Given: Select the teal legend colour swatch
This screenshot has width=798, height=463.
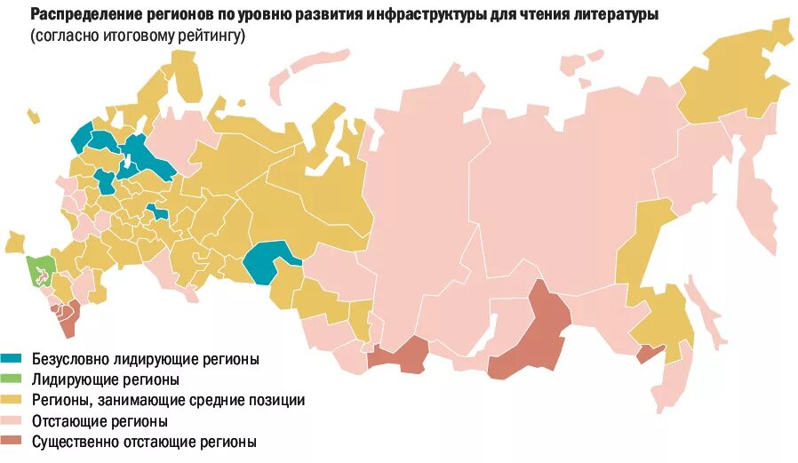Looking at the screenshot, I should tap(12, 359).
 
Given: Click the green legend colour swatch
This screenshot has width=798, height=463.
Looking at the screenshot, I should tap(12, 379).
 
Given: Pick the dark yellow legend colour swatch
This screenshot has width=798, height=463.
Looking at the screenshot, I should tap(12, 400).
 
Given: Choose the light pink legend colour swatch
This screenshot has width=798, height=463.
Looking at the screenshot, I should tap(12, 420).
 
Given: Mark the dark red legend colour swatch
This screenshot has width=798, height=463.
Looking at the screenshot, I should tap(12, 441).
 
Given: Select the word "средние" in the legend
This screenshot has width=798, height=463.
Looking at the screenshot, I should tap(209, 401).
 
